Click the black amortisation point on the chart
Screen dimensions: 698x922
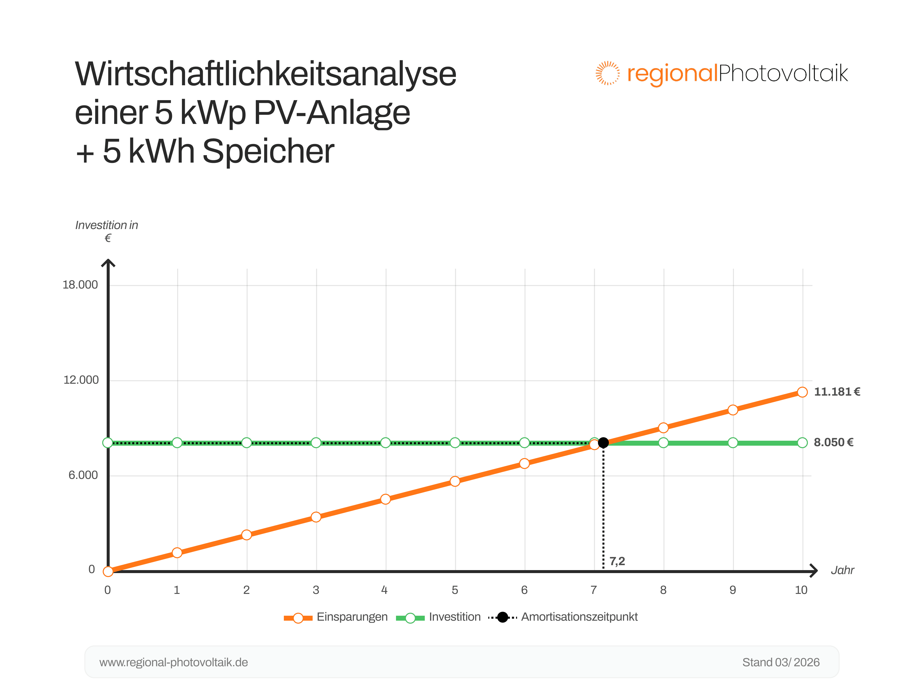(x=603, y=443)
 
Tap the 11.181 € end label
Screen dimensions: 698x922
(x=837, y=392)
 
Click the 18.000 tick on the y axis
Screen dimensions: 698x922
(x=80, y=285)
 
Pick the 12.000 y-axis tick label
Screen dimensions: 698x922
(x=81, y=380)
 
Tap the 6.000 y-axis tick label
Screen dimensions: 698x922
(x=83, y=475)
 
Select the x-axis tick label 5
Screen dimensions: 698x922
(x=455, y=590)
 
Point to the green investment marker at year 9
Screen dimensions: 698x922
(x=733, y=443)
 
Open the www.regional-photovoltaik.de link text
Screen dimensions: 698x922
(x=173, y=663)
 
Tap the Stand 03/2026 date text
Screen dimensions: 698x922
(x=781, y=663)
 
